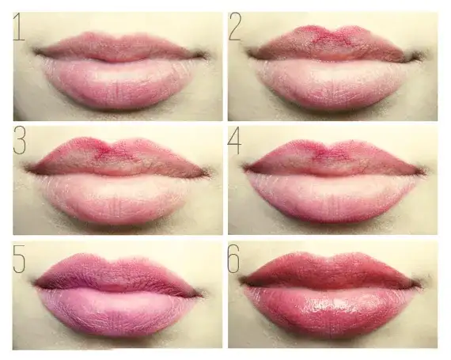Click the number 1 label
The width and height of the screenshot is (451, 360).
tap(19, 27)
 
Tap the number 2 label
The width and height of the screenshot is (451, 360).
tap(235, 26)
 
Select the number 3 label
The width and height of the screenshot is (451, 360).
tap(20, 141)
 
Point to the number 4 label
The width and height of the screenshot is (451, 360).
tap(234, 141)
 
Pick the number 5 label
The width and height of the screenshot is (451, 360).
tap(19, 259)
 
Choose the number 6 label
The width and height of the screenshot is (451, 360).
tap(234, 259)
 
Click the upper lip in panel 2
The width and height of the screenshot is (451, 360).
tap(334, 44)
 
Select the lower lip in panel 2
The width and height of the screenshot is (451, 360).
tap(331, 83)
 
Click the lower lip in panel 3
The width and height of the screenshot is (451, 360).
tap(115, 199)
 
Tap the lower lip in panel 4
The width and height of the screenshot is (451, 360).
tap(331, 199)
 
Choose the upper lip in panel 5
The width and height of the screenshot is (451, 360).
tap(118, 273)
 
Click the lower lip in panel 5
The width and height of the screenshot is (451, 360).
tap(114, 313)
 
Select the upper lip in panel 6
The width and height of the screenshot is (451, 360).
tap(331, 271)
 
